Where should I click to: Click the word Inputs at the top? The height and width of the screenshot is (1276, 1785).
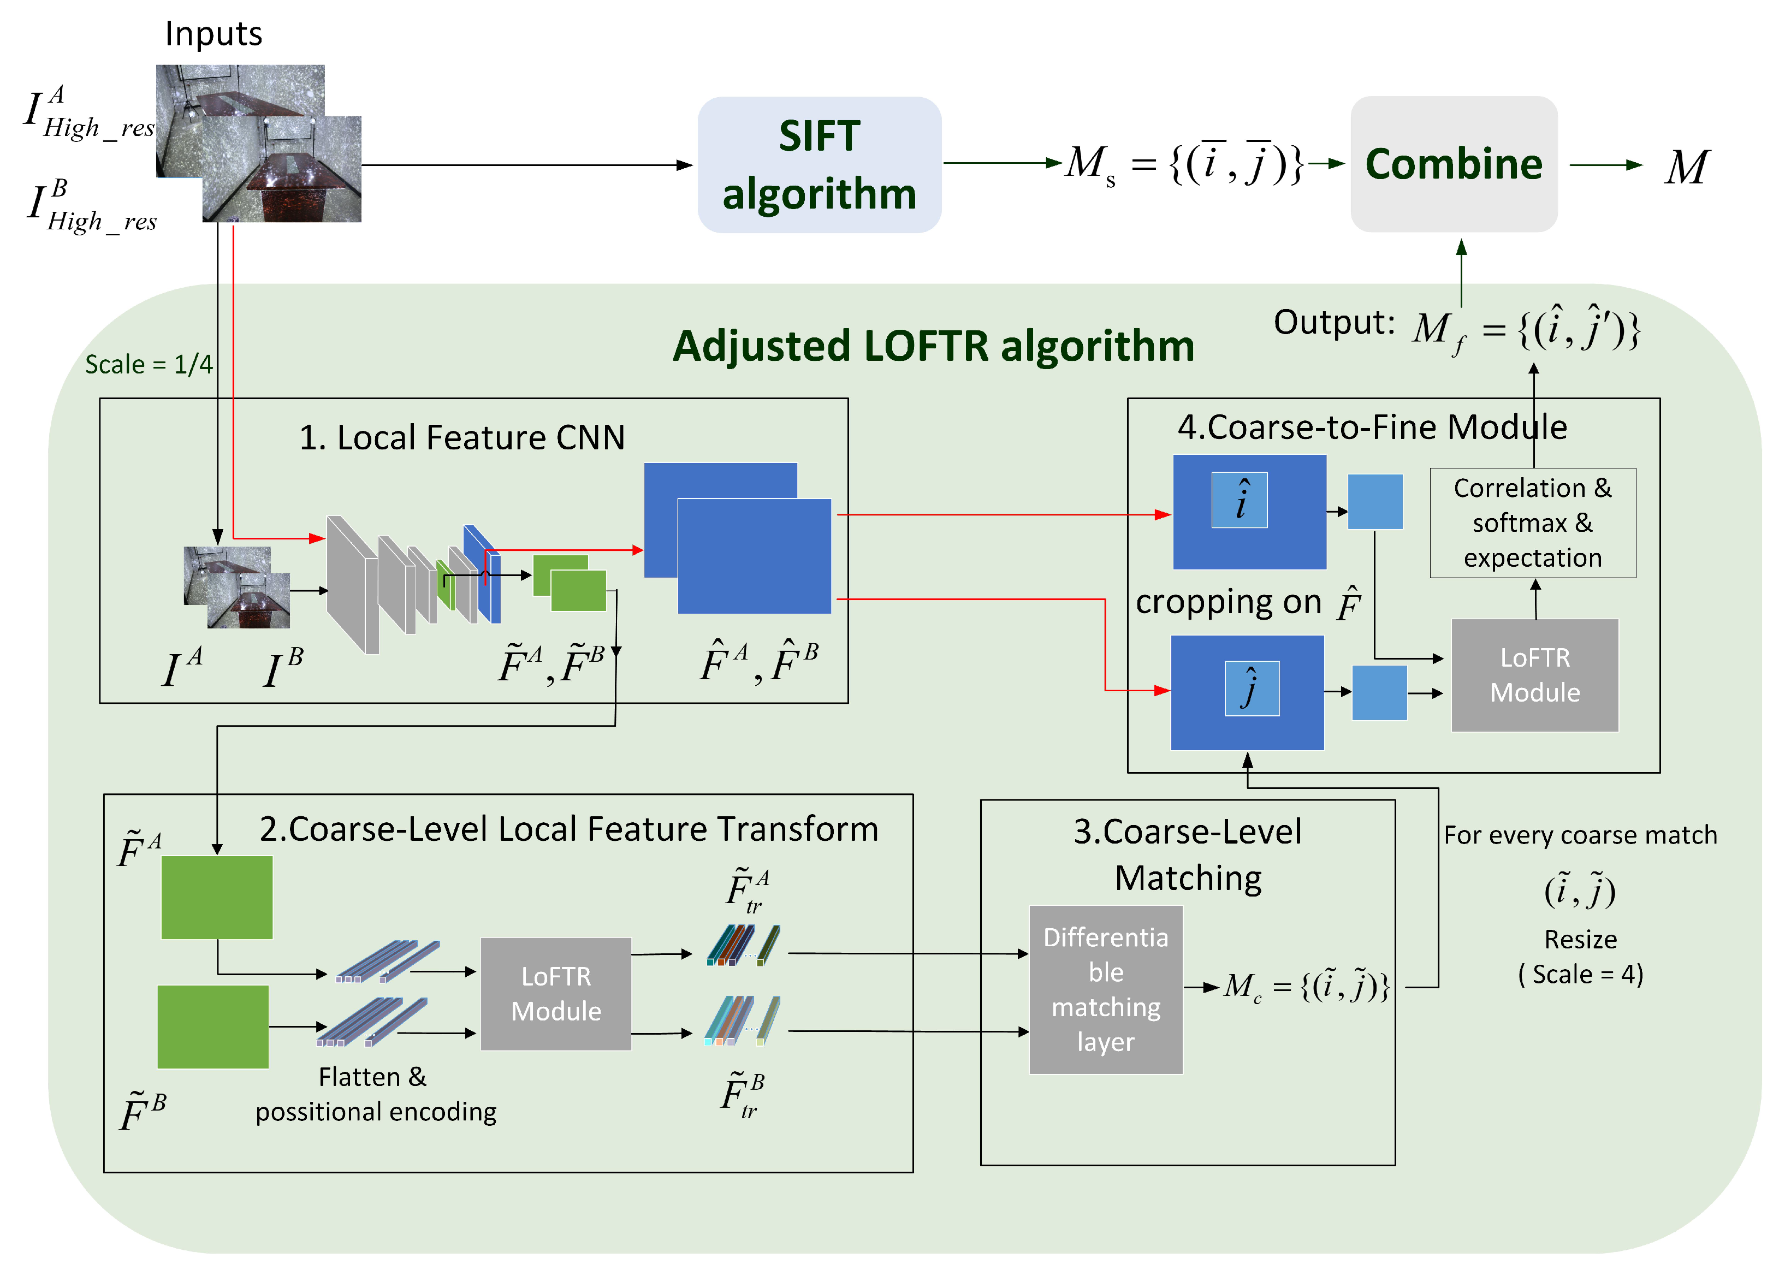213,34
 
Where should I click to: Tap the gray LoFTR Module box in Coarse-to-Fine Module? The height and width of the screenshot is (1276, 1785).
1534,675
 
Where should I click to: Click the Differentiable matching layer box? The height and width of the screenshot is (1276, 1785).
1105,989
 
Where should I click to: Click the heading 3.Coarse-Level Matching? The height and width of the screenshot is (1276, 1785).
1187,854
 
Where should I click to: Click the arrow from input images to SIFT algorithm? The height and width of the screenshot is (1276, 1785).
526,165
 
